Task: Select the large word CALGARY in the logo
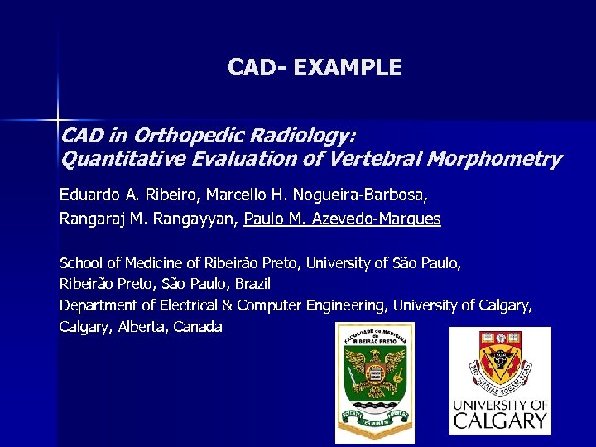pos(499,420)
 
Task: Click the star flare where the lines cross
pos(58,121)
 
